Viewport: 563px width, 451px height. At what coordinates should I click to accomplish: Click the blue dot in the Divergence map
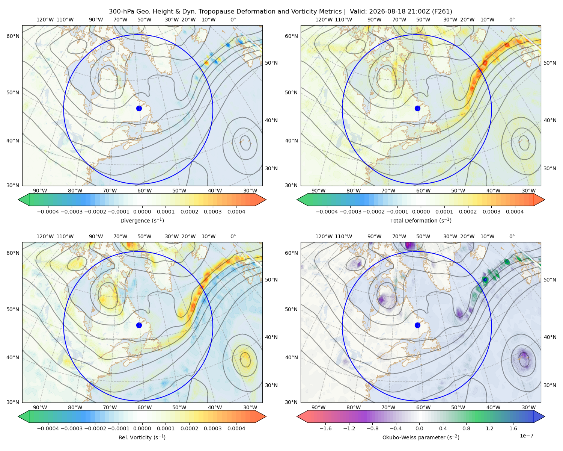point(139,108)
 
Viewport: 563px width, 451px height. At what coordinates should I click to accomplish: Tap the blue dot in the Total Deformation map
point(417,108)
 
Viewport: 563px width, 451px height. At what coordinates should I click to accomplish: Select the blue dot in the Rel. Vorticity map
point(139,325)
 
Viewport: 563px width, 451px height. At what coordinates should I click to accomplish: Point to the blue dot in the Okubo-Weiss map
point(417,325)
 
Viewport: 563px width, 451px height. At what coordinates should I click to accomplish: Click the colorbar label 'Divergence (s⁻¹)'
point(142,220)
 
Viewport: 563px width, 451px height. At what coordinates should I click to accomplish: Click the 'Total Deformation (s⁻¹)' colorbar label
point(421,220)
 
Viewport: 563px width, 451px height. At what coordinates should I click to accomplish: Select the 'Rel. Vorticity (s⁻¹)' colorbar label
point(142,437)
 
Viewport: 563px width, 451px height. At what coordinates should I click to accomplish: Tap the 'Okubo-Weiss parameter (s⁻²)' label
point(421,437)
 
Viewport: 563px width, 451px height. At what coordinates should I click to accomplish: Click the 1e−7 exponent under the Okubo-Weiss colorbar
point(526,436)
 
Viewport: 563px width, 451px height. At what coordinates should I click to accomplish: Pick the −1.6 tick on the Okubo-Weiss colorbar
point(325,428)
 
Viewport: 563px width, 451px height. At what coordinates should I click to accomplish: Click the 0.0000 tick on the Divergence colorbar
point(142,212)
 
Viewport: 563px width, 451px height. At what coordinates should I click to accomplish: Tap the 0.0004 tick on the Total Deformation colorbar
point(515,212)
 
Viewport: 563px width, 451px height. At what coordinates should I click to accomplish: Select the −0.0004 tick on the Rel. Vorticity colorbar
point(48,428)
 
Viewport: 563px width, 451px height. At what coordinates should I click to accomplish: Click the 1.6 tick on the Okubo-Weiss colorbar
point(513,428)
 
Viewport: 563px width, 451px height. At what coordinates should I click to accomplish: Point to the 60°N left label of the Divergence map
point(13,36)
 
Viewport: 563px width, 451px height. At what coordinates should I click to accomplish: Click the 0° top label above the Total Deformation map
point(512,20)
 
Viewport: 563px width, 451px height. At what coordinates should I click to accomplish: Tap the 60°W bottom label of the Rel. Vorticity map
point(145,407)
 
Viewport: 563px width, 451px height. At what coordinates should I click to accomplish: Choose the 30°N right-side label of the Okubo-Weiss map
point(549,385)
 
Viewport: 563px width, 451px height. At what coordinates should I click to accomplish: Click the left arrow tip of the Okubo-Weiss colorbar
point(297,416)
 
